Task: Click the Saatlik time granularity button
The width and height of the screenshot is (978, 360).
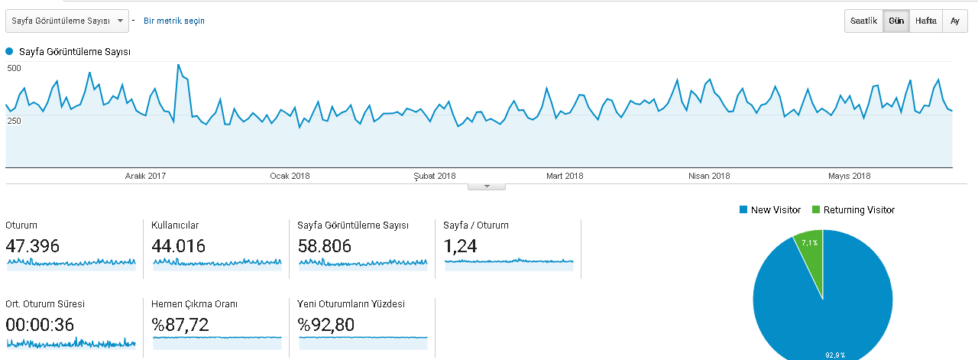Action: pyautogui.click(x=863, y=21)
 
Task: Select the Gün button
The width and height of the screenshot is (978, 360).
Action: pyautogui.click(x=896, y=21)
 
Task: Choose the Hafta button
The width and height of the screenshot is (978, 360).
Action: pyautogui.click(x=926, y=21)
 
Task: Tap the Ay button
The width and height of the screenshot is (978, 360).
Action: pyautogui.click(x=955, y=21)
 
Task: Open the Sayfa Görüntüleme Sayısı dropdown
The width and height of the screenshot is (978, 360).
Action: pyautogui.click(x=67, y=21)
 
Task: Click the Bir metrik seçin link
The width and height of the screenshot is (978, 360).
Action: pyautogui.click(x=173, y=21)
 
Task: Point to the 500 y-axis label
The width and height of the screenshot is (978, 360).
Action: pyautogui.click(x=14, y=68)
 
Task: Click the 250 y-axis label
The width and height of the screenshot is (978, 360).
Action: pyautogui.click(x=14, y=121)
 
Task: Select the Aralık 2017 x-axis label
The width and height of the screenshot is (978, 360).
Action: pyautogui.click(x=145, y=176)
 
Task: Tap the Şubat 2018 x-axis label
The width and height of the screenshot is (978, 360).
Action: pyautogui.click(x=435, y=176)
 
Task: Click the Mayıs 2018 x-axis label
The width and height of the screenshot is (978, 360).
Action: pyautogui.click(x=849, y=176)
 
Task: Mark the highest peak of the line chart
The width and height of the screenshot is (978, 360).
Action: pyautogui.click(x=178, y=65)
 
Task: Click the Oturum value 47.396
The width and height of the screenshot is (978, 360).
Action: pyautogui.click(x=32, y=246)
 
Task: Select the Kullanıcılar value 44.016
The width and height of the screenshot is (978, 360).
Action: pyautogui.click(x=178, y=246)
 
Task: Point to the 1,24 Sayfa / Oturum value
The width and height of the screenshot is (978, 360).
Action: pyautogui.click(x=460, y=246)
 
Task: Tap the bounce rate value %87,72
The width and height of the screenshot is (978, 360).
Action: pyautogui.click(x=180, y=325)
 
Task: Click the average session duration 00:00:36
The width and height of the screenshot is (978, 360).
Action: pyautogui.click(x=40, y=325)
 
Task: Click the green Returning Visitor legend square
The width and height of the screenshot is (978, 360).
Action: pyautogui.click(x=816, y=209)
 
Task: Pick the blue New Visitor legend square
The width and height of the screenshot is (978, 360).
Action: pyautogui.click(x=743, y=209)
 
